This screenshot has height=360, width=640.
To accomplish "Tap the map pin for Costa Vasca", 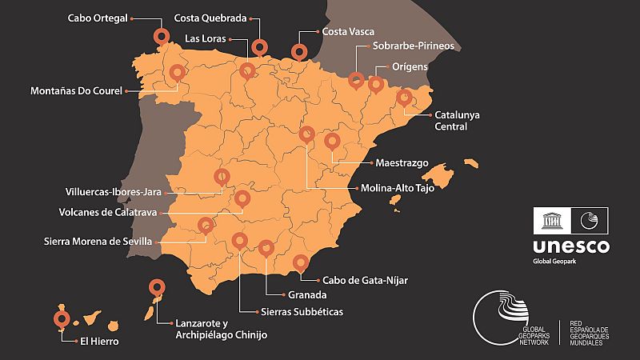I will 299,52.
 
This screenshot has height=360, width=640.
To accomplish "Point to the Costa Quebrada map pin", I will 259,46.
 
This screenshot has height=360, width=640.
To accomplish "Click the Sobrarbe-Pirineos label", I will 413,47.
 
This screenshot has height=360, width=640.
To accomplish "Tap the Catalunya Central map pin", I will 406,98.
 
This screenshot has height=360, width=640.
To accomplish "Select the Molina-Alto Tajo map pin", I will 306,134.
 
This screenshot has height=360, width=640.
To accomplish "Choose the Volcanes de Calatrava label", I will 108,214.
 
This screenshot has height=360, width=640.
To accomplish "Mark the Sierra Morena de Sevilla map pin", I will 206,226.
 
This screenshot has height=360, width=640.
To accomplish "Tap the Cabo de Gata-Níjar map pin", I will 301,262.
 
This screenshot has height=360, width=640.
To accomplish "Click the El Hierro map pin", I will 61,319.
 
